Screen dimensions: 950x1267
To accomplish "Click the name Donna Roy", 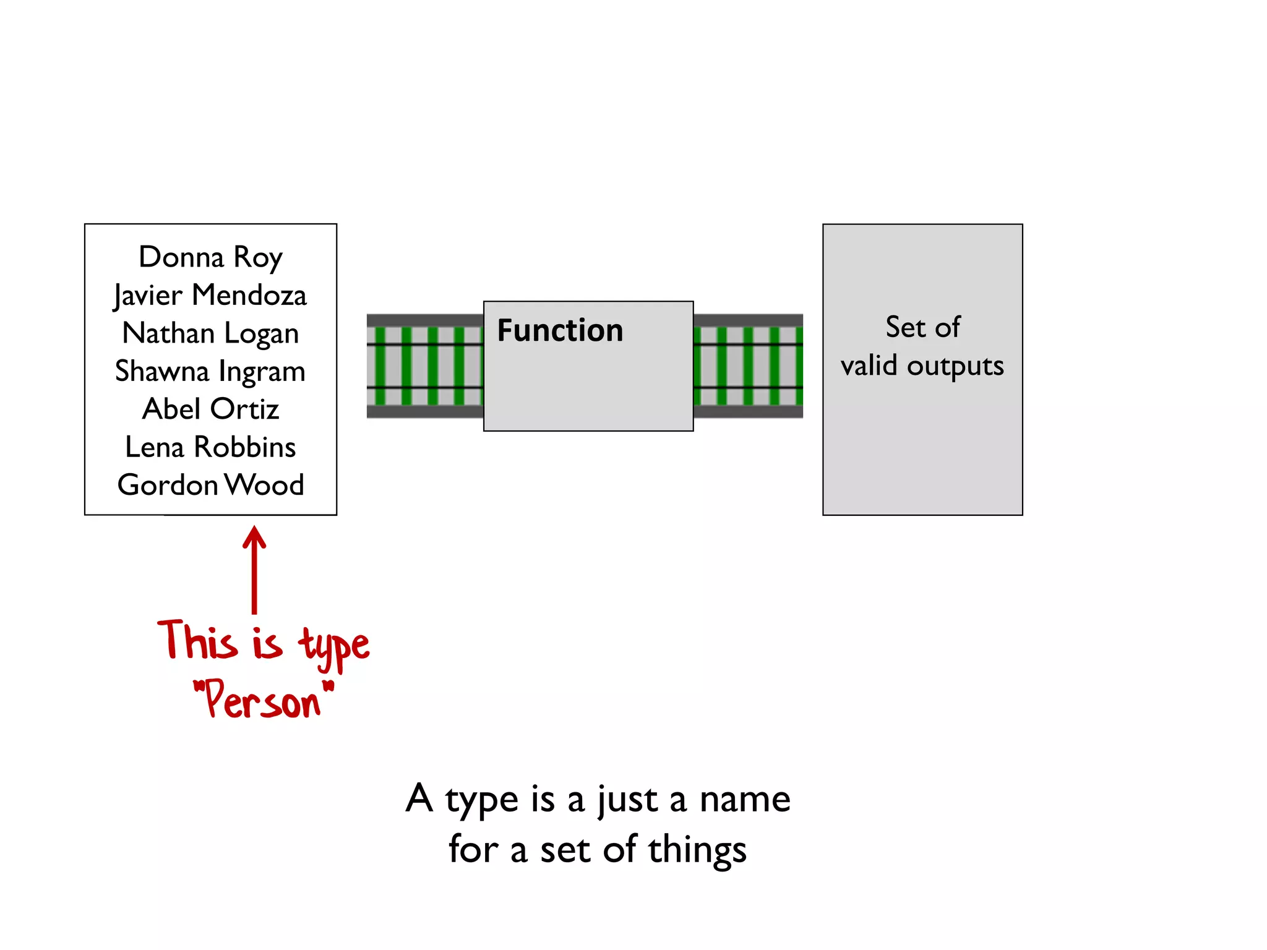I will click(210, 257).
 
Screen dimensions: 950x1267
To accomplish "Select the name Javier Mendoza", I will click(210, 296).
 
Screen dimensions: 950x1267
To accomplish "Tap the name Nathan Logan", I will click(210, 333).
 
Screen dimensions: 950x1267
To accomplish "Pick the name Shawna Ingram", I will click(210, 372).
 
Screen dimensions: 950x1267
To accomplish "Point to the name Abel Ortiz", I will click(210, 409).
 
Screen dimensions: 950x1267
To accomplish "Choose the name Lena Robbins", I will click(210, 447).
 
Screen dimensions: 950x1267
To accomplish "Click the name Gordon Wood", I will click(210, 485).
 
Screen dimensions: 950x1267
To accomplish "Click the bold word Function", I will click(560, 330).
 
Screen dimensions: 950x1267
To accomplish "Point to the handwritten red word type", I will click(334, 646).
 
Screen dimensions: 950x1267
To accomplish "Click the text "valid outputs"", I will click(922, 366).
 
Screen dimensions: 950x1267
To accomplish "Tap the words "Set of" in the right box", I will click(922, 327).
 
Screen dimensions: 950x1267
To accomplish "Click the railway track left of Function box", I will click(424, 366).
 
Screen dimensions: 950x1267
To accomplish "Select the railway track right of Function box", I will click(748, 366).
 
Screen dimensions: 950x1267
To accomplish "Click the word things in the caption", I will click(697, 850).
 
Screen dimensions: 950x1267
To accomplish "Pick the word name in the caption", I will click(745, 799).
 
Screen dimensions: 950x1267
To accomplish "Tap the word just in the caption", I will click(627, 800).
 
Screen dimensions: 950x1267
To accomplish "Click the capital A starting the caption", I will click(419, 798).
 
